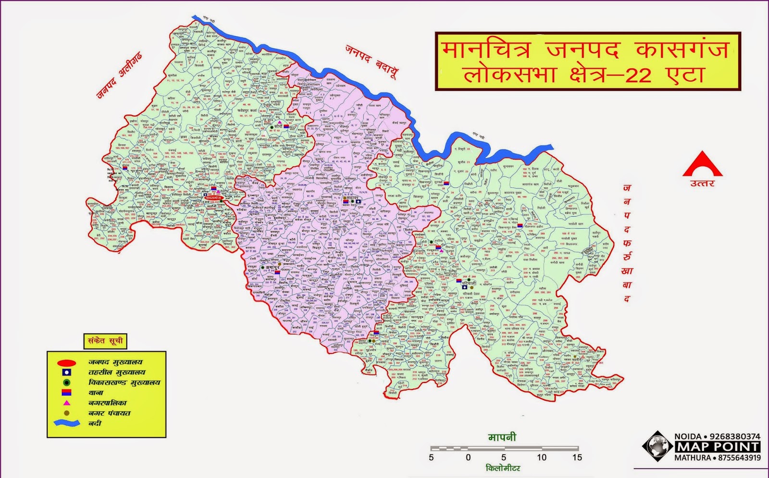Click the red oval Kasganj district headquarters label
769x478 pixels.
tap(212, 197)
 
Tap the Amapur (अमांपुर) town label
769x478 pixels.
tap(273, 267)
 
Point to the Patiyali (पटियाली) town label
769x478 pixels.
tap(469, 283)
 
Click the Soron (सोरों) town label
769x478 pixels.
tap(278, 127)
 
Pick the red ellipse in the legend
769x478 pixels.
tap(66, 363)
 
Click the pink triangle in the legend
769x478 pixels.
tap(66, 403)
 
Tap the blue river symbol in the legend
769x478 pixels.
tap(66, 423)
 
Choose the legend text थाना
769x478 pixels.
tap(96, 392)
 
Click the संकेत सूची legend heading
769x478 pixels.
tap(105, 341)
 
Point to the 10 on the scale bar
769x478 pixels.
tap(542, 457)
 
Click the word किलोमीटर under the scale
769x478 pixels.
tap(503, 468)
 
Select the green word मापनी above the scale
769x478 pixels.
tap(502, 437)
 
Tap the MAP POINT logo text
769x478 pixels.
tap(717, 447)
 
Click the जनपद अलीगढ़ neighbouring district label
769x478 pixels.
tap(119, 75)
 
